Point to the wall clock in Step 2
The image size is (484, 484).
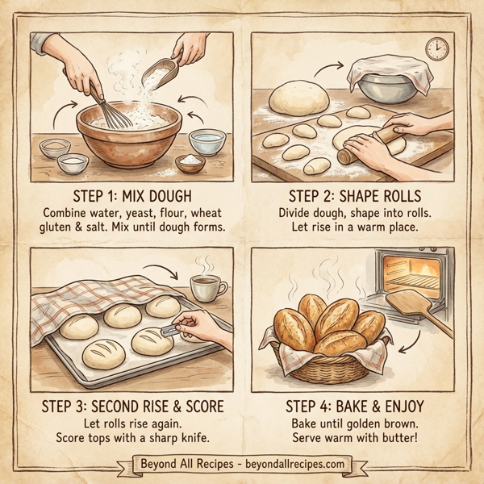point(436,49)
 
